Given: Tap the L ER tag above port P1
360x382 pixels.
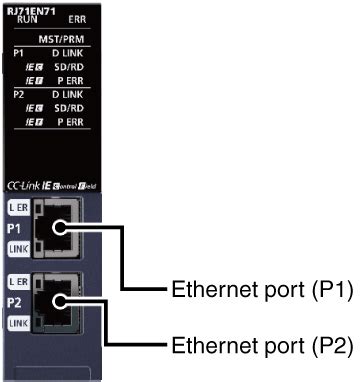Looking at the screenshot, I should tap(19, 206).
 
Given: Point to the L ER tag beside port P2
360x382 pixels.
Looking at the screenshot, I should tap(19, 283).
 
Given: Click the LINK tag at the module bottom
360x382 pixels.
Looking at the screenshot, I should tap(19, 322).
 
